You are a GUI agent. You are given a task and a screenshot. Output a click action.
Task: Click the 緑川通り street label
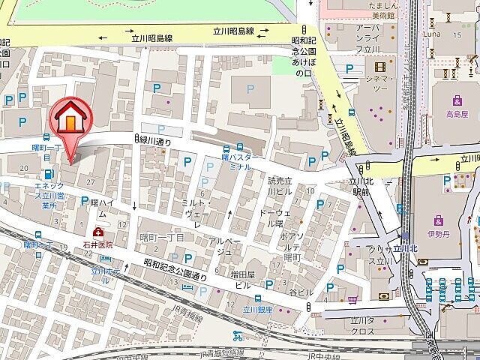click(x=154, y=140)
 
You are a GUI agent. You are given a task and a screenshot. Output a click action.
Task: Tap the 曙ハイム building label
click(x=101, y=208)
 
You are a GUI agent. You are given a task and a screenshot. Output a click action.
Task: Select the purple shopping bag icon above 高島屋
click(x=456, y=101)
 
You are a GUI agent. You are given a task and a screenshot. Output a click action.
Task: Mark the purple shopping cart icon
click(x=351, y=300)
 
